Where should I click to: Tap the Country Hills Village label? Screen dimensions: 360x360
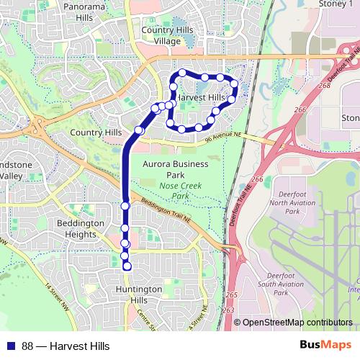click(x=172, y=35)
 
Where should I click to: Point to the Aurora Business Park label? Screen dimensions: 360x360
click(x=175, y=169)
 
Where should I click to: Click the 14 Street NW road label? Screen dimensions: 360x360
click(x=58, y=296)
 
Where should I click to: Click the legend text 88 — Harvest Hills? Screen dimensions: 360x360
click(x=66, y=346)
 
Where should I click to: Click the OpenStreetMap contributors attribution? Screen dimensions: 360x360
click(x=292, y=323)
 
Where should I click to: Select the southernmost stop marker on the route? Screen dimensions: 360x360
click(x=127, y=267)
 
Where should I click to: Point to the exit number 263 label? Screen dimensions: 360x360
click(x=230, y=310)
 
